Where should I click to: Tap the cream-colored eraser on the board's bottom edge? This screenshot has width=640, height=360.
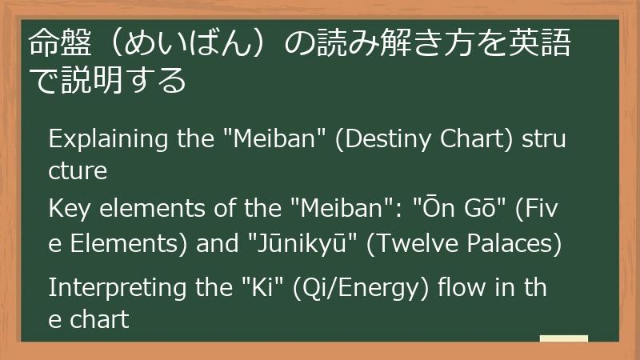[x=563, y=338]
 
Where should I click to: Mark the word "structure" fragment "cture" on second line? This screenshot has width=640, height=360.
[x=78, y=171]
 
